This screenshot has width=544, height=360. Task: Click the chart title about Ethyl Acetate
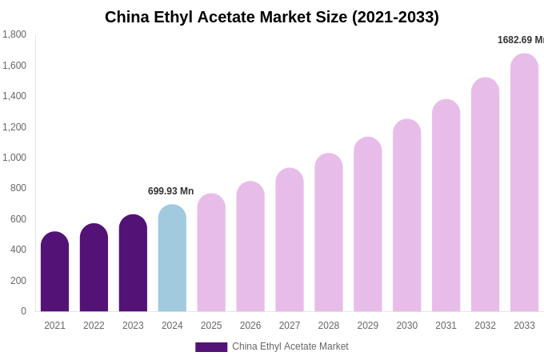click(x=272, y=17)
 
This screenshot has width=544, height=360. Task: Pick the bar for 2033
click(x=524, y=183)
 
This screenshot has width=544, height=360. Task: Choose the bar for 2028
click(x=328, y=233)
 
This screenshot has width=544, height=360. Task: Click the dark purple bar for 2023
click(x=133, y=263)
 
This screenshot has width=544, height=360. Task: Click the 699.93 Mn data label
click(x=170, y=191)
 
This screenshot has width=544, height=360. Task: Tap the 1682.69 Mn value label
click(x=520, y=40)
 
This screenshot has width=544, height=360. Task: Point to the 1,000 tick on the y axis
click(x=14, y=158)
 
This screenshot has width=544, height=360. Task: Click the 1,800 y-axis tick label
click(x=14, y=34)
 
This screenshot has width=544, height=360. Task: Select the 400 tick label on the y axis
click(x=18, y=250)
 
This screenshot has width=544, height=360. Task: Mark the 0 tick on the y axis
click(x=23, y=311)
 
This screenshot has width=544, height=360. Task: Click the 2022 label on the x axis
click(x=94, y=326)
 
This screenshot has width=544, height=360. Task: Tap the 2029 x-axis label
click(x=367, y=326)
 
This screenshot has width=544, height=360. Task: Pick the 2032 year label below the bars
click(x=485, y=326)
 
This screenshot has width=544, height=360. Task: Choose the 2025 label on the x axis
click(x=211, y=326)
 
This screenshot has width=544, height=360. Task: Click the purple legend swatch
click(x=211, y=347)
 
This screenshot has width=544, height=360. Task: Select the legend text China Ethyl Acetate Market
click(x=290, y=346)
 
